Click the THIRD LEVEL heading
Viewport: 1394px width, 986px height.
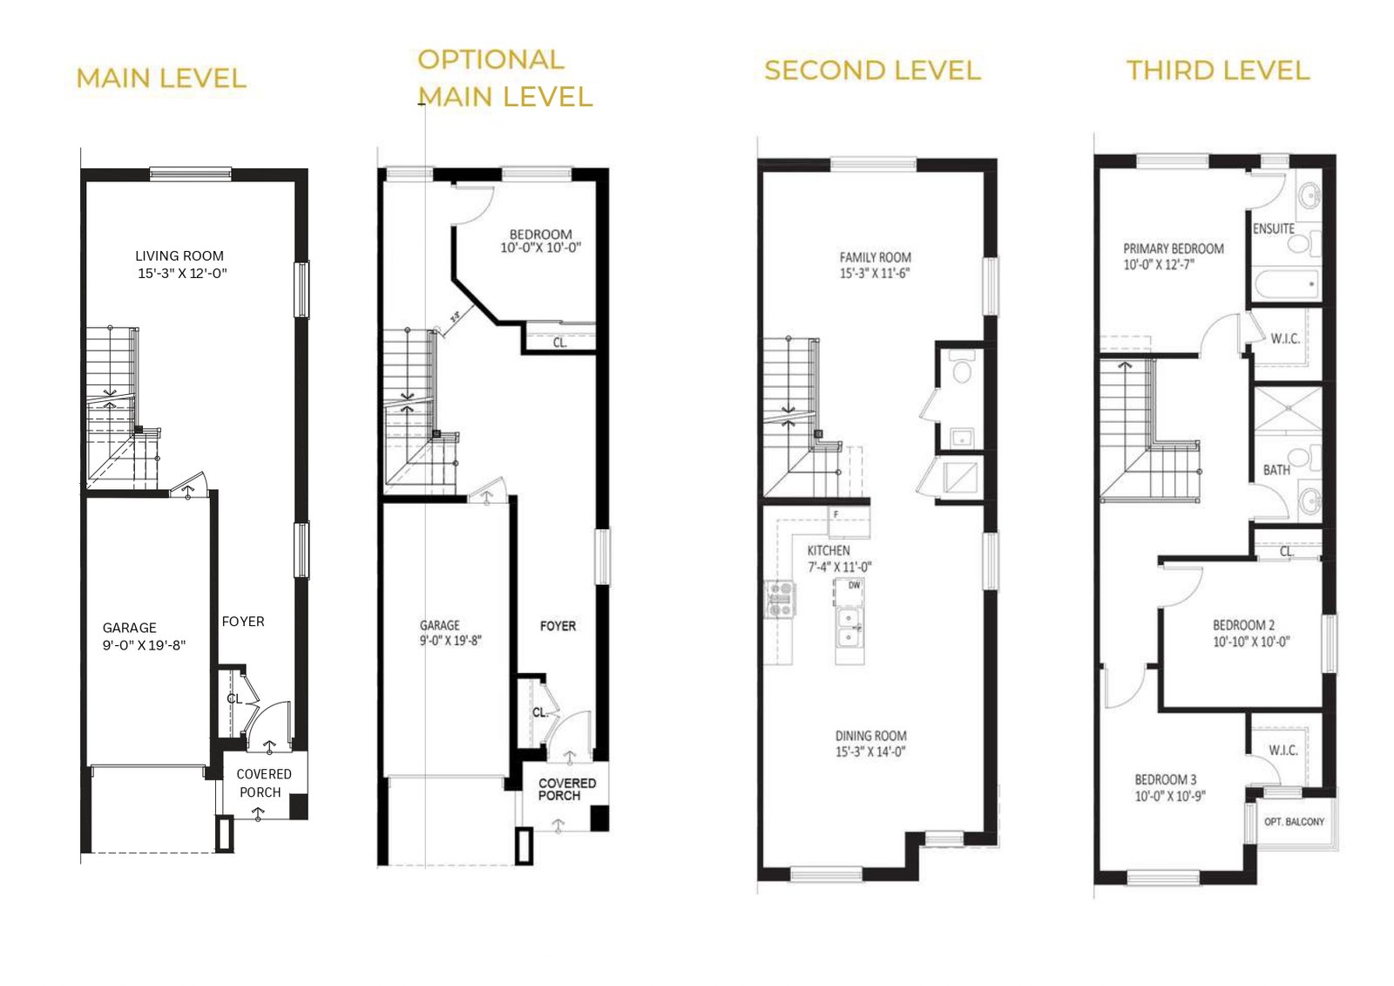coord(1218,71)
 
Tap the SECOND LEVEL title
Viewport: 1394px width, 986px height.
coord(872,71)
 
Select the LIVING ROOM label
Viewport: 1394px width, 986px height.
coord(179,256)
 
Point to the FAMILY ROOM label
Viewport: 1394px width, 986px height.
coord(875,257)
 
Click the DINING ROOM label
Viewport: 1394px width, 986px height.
coord(870,736)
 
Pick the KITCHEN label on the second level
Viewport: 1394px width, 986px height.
coord(829,551)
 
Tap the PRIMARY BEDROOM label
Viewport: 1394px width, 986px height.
coord(1173,248)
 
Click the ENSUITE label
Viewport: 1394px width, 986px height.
coord(1273,228)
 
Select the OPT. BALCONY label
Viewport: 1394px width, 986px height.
coord(1294,821)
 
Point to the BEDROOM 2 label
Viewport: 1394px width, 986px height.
coord(1243,625)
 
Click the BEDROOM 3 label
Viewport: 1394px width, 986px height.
coord(1166,779)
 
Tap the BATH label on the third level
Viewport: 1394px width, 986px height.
coord(1276,470)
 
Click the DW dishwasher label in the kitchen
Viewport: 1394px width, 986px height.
coord(855,585)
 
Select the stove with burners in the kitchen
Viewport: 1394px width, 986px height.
coord(781,599)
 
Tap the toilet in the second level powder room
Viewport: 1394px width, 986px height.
coord(962,366)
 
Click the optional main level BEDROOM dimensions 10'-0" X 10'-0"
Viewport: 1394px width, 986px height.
coord(541,248)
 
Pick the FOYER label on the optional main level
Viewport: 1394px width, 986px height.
coord(558,626)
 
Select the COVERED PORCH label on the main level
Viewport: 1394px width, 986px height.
coord(263,783)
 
